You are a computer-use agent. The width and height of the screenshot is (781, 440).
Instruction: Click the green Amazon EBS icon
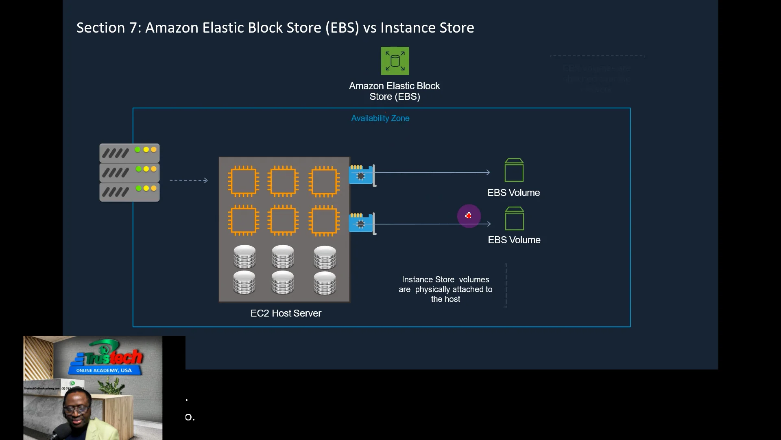[x=395, y=61]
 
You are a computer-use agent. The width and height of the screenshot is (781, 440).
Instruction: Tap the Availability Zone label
[x=380, y=118]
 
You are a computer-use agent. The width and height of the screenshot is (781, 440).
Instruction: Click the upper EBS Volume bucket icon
[x=514, y=170]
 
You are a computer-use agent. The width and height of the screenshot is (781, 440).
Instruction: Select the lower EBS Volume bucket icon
[x=514, y=218]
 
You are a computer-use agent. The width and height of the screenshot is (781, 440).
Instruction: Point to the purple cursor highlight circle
[x=469, y=216]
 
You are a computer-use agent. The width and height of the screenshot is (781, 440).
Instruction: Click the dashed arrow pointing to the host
[x=188, y=180]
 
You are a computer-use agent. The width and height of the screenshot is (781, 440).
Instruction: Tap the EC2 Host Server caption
[x=286, y=313]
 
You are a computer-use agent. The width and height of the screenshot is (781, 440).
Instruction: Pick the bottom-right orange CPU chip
[x=324, y=220]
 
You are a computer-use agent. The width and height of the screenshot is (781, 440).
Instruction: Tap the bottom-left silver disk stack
[x=244, y=283]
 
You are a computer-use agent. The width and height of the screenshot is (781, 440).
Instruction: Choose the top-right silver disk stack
[x=325, y=257]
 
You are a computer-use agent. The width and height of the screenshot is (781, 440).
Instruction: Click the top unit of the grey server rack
[x=129, y=153]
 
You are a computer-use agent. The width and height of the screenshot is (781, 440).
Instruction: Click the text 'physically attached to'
[x=454, y=289]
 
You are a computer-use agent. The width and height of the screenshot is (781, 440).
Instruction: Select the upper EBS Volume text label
[x=513, y=193]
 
